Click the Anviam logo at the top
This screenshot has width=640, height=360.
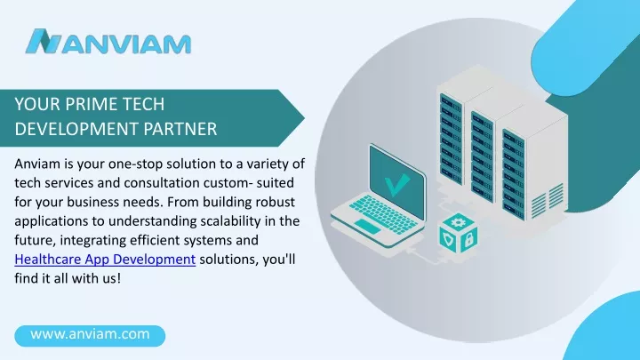[x=108, y=42]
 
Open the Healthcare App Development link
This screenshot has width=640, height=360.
[x=105, y=260]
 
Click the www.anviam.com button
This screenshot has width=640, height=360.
[x=90, y=335]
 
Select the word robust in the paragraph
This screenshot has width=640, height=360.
[x=272, y=202]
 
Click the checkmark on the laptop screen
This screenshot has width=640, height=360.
[x=396, y=184]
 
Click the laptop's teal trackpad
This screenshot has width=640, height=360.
[x=367, y=226]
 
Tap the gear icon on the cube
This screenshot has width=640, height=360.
[x=458, y=222]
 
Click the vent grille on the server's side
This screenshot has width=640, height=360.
[x=548, y=200]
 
